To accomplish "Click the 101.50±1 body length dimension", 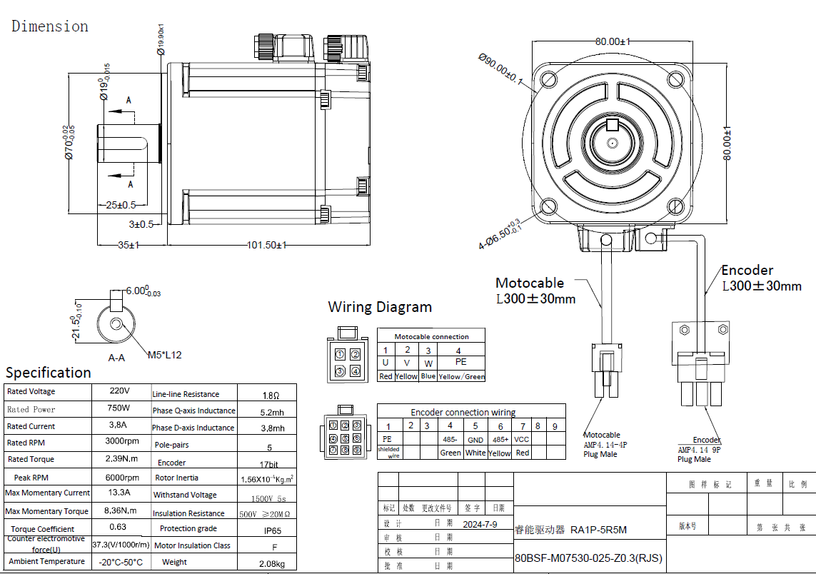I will tap(266, 245).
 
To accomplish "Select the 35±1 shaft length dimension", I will tap(129, 245).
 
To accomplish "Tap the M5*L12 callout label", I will tap(165, 355).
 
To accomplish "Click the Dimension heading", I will tap(50, 26).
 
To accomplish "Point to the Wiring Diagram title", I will tap(380, 307).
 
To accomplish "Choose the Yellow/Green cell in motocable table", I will tap(461, 376).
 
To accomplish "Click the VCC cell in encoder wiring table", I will tap(522, 439).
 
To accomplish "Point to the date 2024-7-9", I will tap(480, 524).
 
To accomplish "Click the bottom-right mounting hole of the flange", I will tap(675, 206).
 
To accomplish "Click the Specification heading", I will tap(49, 373).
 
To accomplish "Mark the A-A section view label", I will tap(116, 358).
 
